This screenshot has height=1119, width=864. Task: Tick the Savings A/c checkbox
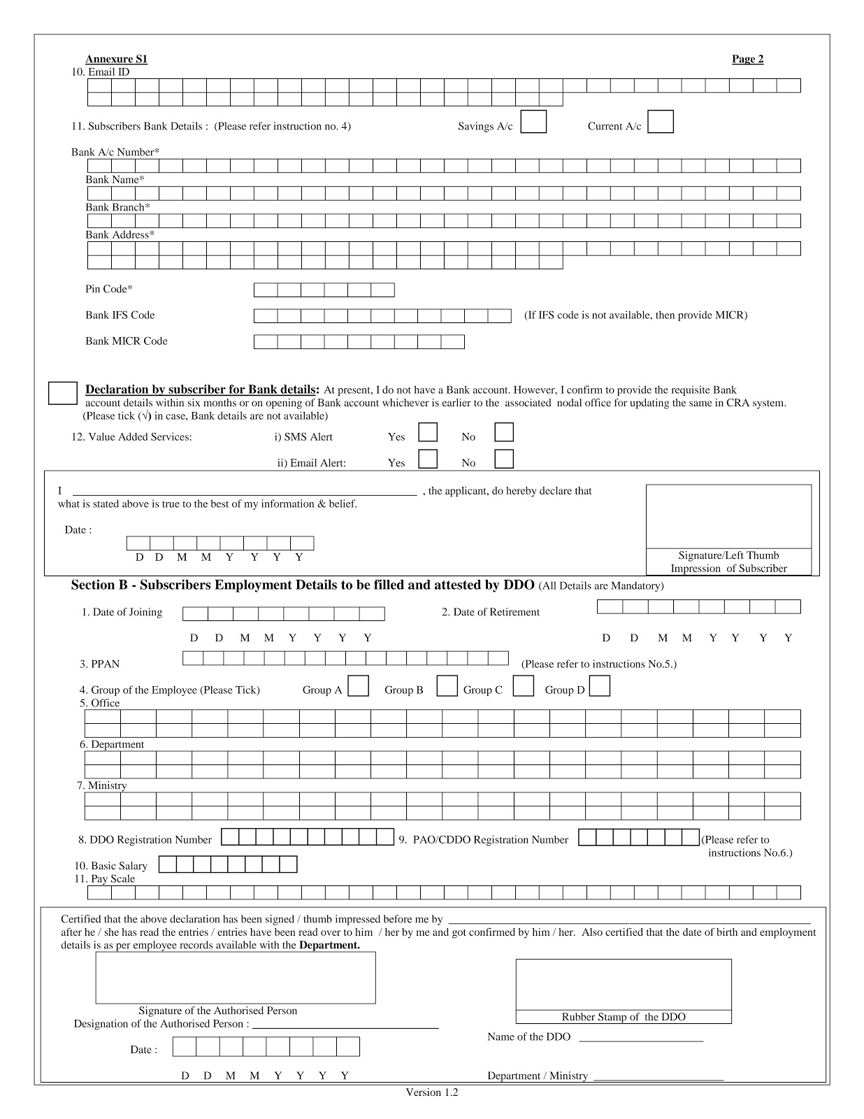pos(534,122)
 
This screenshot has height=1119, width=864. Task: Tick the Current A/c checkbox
pos(661,122)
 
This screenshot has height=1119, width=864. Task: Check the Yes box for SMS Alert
pos(428,432)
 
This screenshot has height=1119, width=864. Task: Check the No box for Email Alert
pos(503,459)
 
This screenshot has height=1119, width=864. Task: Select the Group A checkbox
pos(359,686)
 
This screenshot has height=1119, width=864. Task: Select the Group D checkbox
pos(600,686)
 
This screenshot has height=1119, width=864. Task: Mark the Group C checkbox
pos(523,686)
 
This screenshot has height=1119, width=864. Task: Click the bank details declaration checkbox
pos(62,393)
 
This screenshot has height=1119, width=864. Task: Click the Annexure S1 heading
pos(116,59)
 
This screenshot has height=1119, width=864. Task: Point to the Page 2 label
pos(747,59)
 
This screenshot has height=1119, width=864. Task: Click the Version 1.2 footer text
pos(431,1092)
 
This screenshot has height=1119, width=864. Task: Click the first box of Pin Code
pos(265,290)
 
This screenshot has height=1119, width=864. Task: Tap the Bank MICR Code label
pos(127,341)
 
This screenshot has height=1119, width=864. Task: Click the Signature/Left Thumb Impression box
pos(728,516)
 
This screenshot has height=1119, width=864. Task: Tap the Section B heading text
pos(302,585)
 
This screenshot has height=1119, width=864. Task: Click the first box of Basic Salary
pos(167,865)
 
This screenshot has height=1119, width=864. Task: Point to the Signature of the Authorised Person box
pos(236,978)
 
